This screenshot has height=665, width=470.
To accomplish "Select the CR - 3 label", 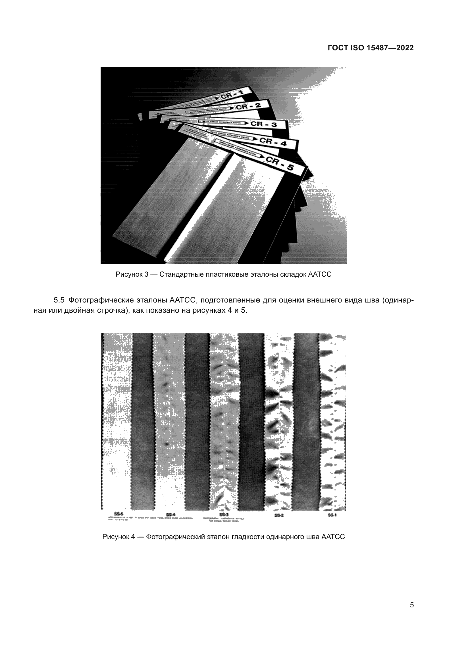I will click(x=263, y=124).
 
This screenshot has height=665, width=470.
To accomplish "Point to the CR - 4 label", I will click(x=273, y=142).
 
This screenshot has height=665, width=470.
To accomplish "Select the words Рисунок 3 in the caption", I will click(x=132, y=274).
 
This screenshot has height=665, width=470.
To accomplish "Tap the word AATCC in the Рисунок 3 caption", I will click(x=319, y=274).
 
